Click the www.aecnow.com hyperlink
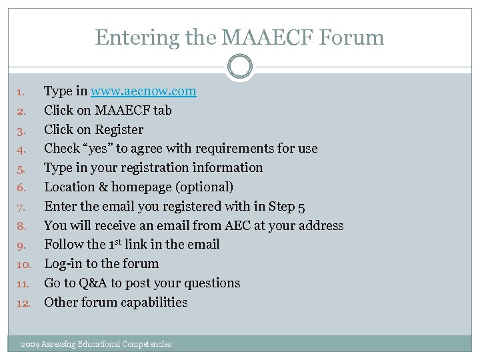pyautogui.click(x=143, y=91)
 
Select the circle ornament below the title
pyautogui.click(x=239, y=67)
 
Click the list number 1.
pyautogui.click(x=21, y=91)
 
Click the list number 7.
pyautogui.click(x=21, y=207)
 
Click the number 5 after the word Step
pyautogui.click(x=301, y=207)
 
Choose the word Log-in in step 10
pyautogui.click(x=63, y=264)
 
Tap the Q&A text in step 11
pyautogui.click(x=90, y=283)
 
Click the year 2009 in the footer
pyautogui.click(x=29, y=344)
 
